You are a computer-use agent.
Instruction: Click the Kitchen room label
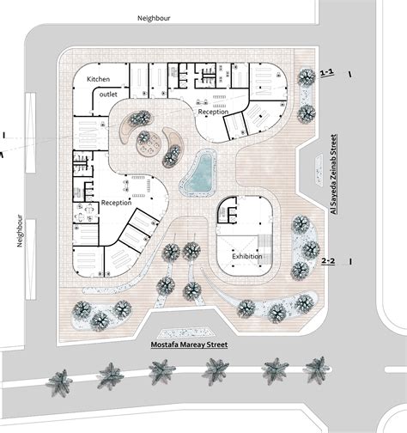[x=100, y=78]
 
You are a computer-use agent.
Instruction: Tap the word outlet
[x=106, y=94]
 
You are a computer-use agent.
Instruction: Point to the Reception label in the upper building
[x=214, y=113]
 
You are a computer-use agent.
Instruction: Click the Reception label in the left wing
[x=116, y=203]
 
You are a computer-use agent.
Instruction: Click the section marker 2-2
[x=328, y=259]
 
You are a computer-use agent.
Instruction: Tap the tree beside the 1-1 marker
[x=305, y=77]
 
